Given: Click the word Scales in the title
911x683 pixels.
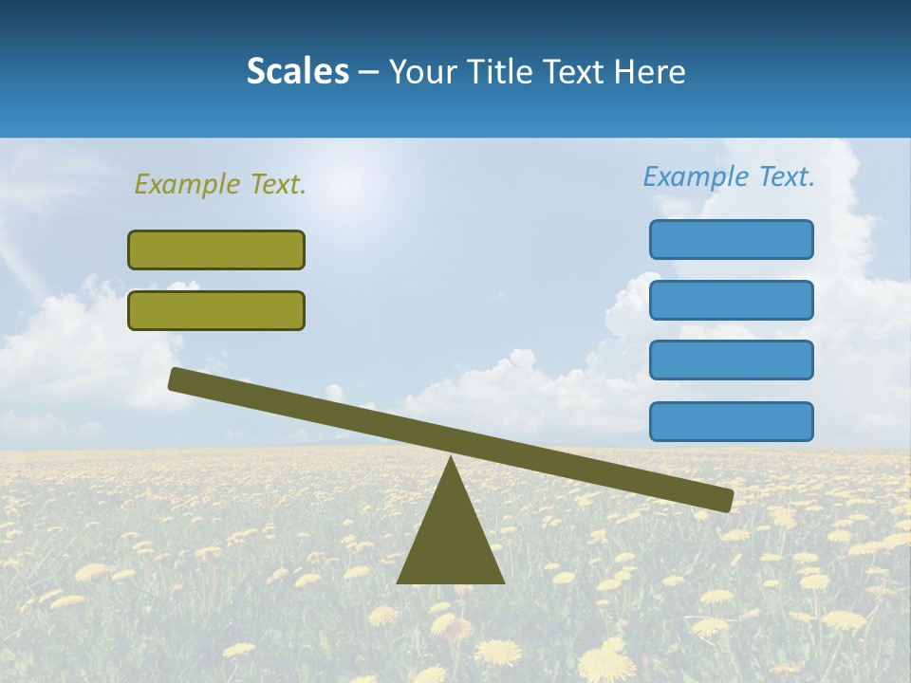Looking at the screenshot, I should pos(297,71).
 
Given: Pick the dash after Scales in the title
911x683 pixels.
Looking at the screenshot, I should pos(369,73).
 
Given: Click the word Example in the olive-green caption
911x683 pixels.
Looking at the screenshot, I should pos(187,184).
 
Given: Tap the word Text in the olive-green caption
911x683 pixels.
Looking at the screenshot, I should pos(277,184).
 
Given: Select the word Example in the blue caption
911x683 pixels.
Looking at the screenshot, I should pos(696,176).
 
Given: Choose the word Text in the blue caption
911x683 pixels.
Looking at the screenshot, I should pos(786,176).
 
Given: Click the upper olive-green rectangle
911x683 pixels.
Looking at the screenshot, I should pos(216,249).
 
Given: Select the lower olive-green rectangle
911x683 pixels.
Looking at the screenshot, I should pos(216,310).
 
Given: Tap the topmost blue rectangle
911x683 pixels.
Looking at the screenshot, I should pos(732,239).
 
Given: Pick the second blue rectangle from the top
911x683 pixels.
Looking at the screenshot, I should pos(732,300).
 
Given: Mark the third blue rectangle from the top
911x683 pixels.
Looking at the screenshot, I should pos(732,360).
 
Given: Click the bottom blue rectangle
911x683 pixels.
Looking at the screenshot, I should pos(732,421).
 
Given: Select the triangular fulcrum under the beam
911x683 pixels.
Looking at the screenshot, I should pos(451,541).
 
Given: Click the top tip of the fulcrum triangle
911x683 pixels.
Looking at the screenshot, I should pos(451,459).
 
